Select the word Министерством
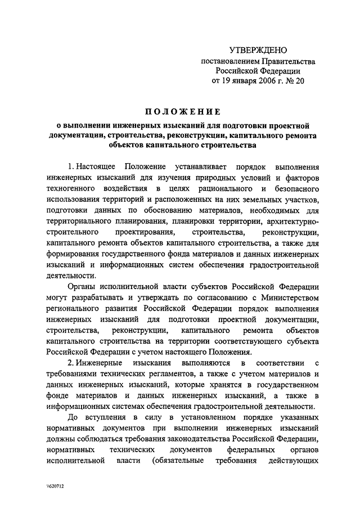click(287, 296)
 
